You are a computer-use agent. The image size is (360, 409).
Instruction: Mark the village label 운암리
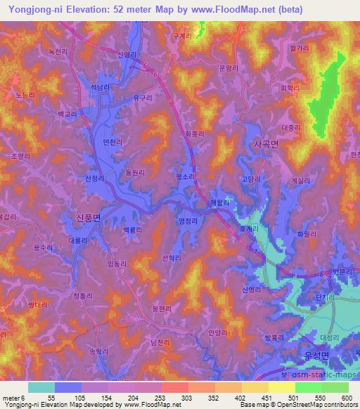click(229, 67)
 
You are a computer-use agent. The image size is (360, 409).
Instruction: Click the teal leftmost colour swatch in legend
click(41, 387)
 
